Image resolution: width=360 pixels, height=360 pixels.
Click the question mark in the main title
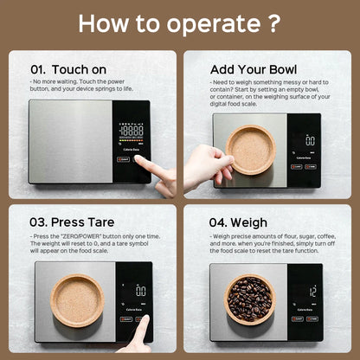click(274, 22)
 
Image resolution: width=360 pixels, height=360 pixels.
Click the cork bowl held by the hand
click(252, 148)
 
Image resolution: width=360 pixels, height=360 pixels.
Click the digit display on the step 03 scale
click(139, 292)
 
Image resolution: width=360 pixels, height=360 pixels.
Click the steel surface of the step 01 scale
click(69, 143)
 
